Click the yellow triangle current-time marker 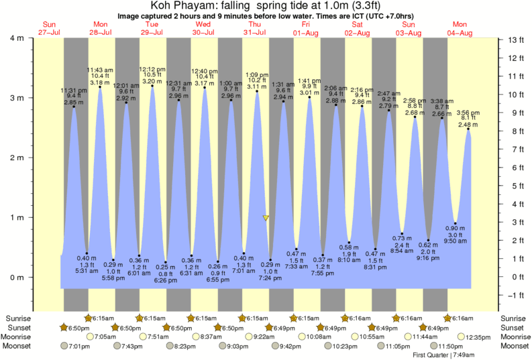click(266, 218)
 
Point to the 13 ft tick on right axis click(514, 40)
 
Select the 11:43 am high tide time click(101, 70)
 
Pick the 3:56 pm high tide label click(468, 113)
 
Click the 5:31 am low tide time click(87, 271)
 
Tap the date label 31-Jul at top click(255, 32)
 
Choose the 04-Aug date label click(461, 32)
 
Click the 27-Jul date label click(48, 32)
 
